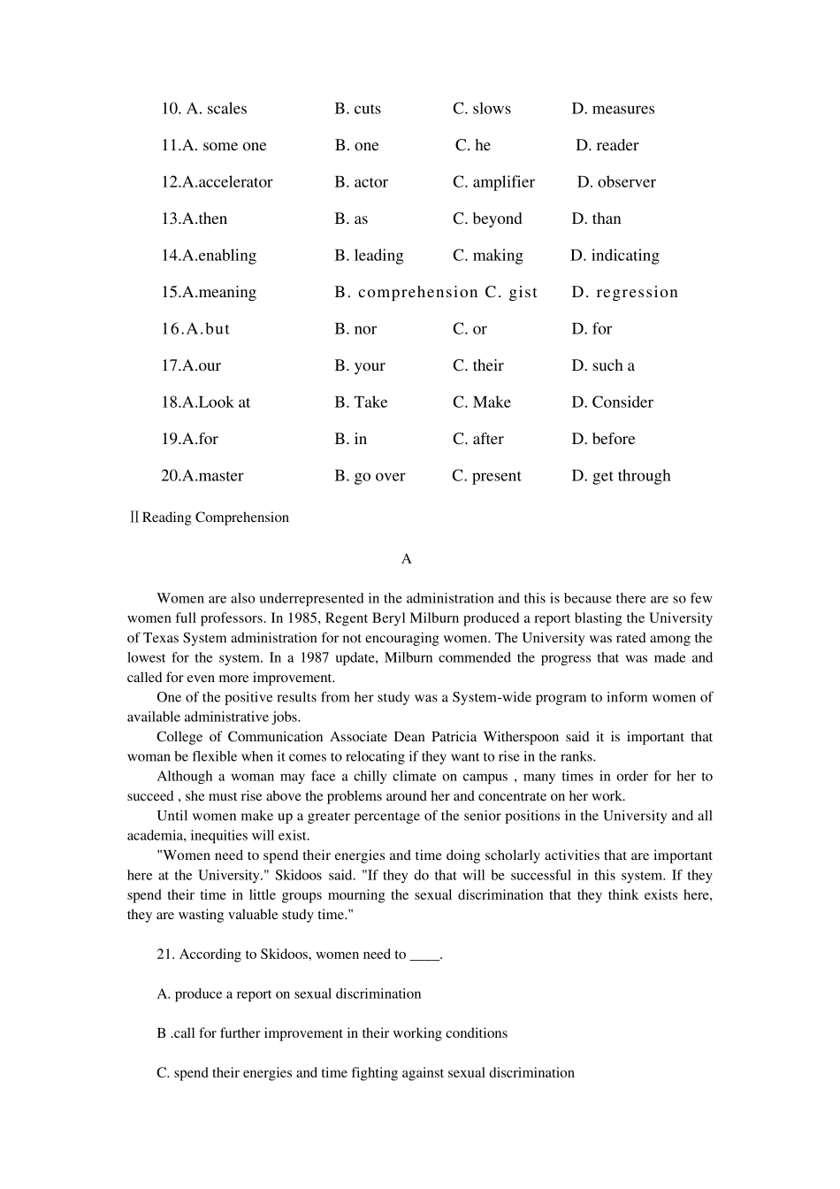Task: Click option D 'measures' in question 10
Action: point(613,109)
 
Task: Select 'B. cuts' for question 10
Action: point(358,109)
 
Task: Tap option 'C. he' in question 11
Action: point(473,145)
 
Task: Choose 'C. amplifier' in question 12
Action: point(493,182)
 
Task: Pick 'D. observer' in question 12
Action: point(616,182)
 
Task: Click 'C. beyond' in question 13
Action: point(487,219)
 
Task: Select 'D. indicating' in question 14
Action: point(615,256)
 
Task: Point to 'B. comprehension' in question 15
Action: point(406,292)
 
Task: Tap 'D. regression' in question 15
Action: point(624,292)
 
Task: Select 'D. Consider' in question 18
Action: point(612,403)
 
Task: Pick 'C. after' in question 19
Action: point(478,439)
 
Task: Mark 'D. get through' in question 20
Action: point(621,476)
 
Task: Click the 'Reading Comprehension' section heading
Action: point(215,518)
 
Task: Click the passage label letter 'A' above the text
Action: point(407,559)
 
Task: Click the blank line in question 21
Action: point(424,955)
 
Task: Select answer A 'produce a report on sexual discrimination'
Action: point(288,994)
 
